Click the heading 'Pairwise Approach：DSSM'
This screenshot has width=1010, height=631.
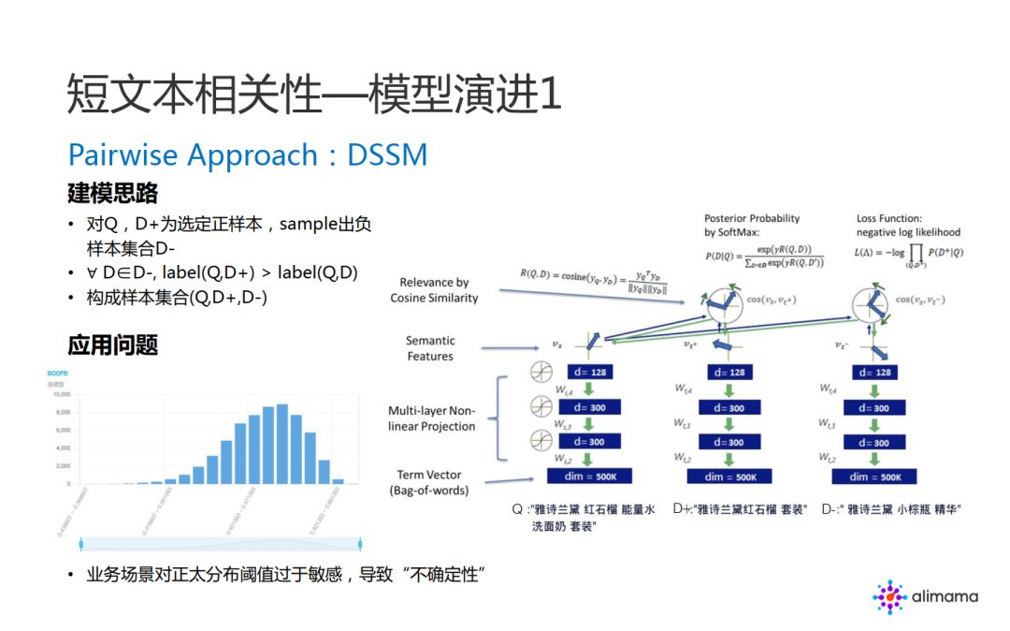point(248,154)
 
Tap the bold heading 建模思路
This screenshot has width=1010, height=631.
point(112,194)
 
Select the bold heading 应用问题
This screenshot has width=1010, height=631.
point(112,345)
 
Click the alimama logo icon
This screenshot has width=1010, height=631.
point(889,596)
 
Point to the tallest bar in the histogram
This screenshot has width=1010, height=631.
point(281,445)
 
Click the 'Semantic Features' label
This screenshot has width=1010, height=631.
point(430,348)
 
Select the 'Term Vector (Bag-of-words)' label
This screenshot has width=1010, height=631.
point(429,482)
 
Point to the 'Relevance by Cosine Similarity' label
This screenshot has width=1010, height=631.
point(434,290)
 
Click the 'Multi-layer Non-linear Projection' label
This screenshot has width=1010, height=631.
point(432,418)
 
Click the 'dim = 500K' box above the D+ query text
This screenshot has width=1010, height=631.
point(723,477)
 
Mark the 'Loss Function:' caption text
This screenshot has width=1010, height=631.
point(892,218)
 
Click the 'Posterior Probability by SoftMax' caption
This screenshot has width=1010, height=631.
point(752,225)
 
